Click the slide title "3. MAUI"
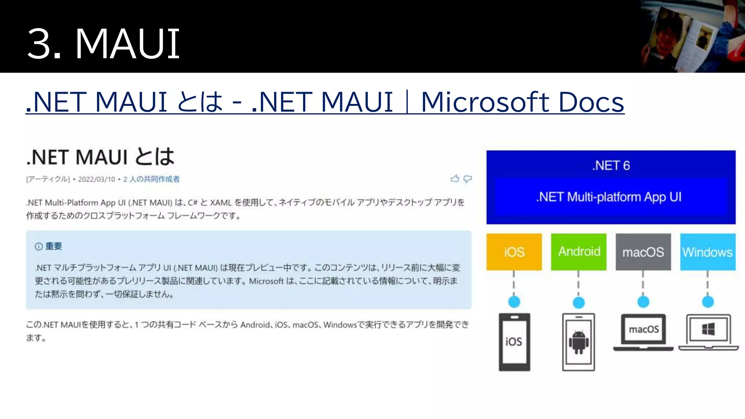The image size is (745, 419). click(x=103, y=44)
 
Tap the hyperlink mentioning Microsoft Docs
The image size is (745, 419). click(x=324, y=102)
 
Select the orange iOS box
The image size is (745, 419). click(x=514, y=252)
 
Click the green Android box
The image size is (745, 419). click(x=578, y=252)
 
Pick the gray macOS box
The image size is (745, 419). click(x=643, y=252)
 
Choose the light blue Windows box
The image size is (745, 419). click(x=708, y=252)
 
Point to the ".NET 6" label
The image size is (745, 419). click(x=611, y=165)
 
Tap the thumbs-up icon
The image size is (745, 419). click(x=455, y=178)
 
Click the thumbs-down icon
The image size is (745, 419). click(x=467, y=179)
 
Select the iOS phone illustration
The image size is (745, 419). click(x=514, y=342)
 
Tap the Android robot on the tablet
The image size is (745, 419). click(x=578, y=342)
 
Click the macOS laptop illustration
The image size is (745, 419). click(x=643, y=332)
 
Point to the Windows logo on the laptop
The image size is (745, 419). click(x=708, y=330)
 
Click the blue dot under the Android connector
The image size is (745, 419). click(x=578, y=302)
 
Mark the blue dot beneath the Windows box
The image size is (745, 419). click(x=708, y=302)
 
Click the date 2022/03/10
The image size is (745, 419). click(x=96, y=179)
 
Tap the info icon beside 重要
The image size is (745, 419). click(x=39, y=247)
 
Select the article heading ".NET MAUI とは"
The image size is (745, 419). click(x=100, y=157)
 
